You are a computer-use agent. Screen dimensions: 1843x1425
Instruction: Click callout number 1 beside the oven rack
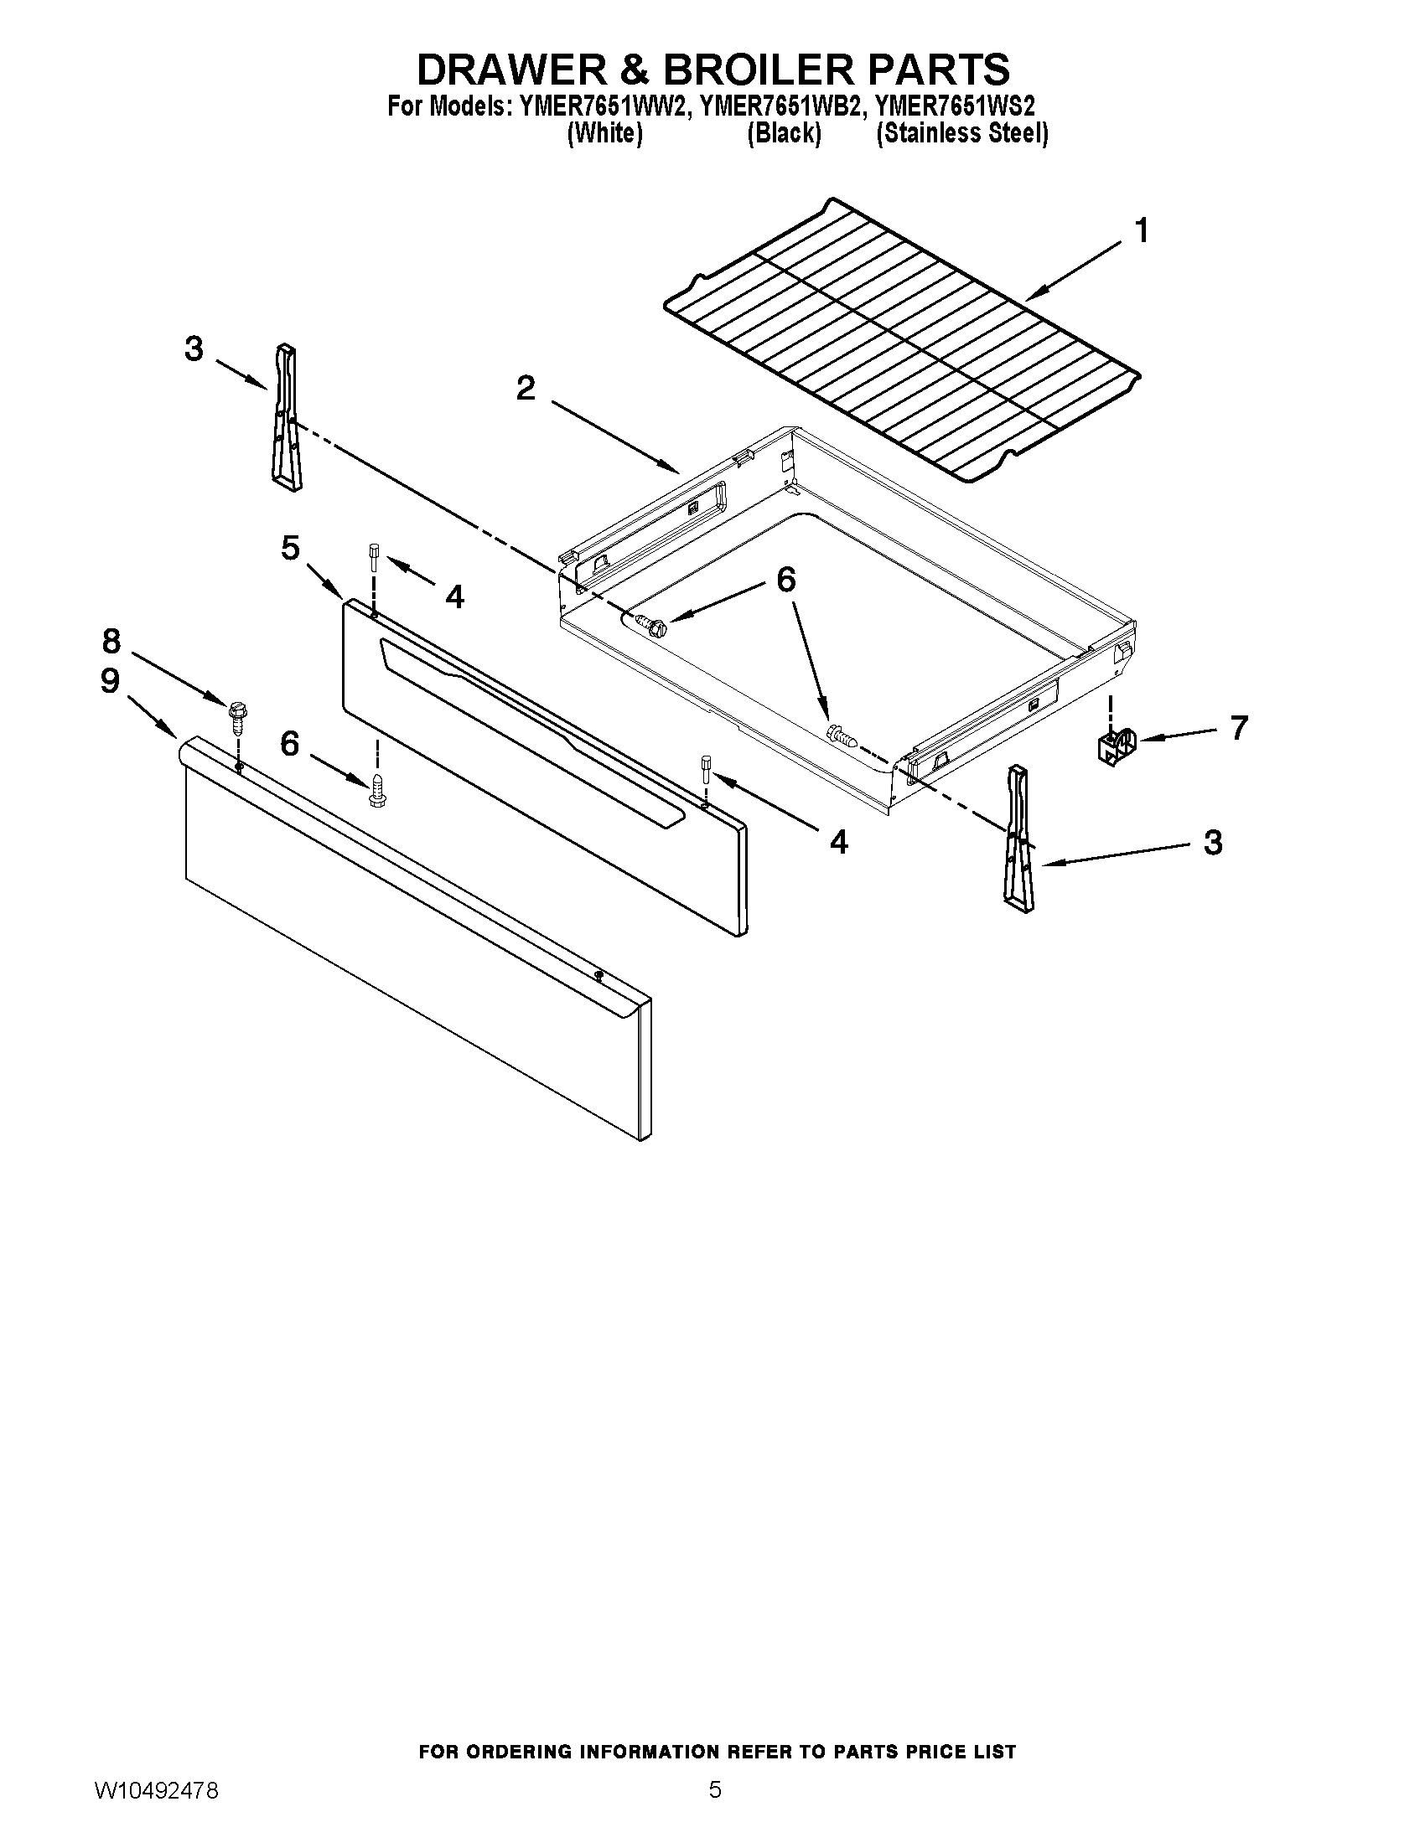(x=1142, y=230)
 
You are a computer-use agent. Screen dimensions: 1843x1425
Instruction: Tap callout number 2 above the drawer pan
(x=525, y=389)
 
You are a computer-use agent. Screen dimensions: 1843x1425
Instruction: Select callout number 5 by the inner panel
(x=289, y=548)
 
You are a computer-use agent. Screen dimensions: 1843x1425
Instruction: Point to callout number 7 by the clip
(x=1238, y=726)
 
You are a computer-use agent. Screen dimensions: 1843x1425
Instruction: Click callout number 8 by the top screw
(x=111, y=642)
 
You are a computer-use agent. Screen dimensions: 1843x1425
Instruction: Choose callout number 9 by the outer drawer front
(x=110, y=681)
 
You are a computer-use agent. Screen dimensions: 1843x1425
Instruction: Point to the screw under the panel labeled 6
(x=377, y=790)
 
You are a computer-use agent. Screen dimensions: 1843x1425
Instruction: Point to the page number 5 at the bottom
(x=714, y=1790)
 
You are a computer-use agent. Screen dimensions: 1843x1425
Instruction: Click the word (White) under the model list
(x=604, y=133)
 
